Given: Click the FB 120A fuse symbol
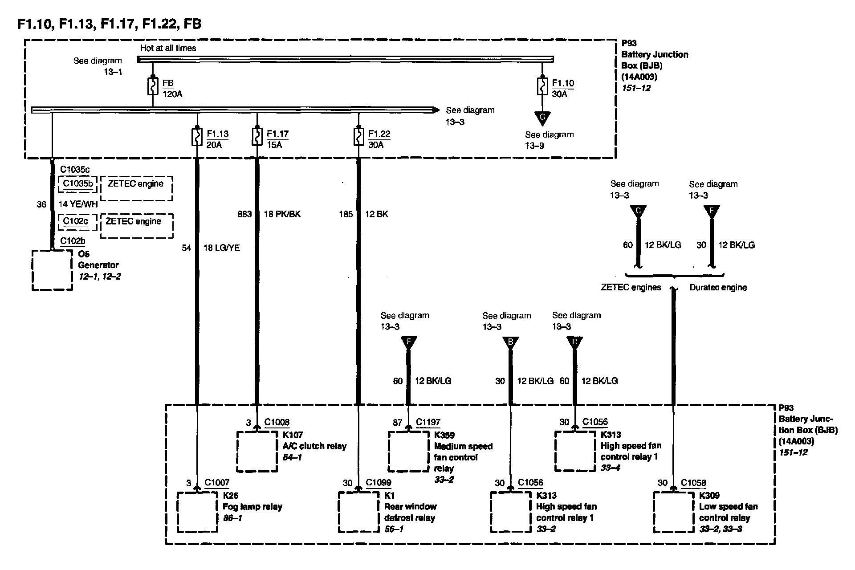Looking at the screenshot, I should [153, 86].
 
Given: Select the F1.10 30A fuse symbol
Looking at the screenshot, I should [542, 86].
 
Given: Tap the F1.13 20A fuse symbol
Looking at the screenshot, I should [196, 137].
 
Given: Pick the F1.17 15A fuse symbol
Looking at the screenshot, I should [257, 137].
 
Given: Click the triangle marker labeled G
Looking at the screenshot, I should [542, 118].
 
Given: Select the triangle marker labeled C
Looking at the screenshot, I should [638, 211].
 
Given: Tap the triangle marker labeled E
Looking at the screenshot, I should [712, 211].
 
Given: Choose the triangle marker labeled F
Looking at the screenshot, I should [408, 342].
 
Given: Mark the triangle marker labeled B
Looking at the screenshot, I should [511, 342].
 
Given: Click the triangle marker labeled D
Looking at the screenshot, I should [574, 342].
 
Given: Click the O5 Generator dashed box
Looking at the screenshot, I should [53, 270].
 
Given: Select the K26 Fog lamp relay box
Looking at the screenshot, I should [197, 512].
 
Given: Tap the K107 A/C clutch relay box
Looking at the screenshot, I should [257, 451].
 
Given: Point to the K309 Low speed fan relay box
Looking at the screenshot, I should [673, 512].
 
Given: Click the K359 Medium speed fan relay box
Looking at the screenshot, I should [408, 451].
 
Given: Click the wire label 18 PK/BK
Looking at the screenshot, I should [282, 214].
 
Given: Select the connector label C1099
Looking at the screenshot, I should [379, 483].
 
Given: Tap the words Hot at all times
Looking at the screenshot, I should [168, 48].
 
